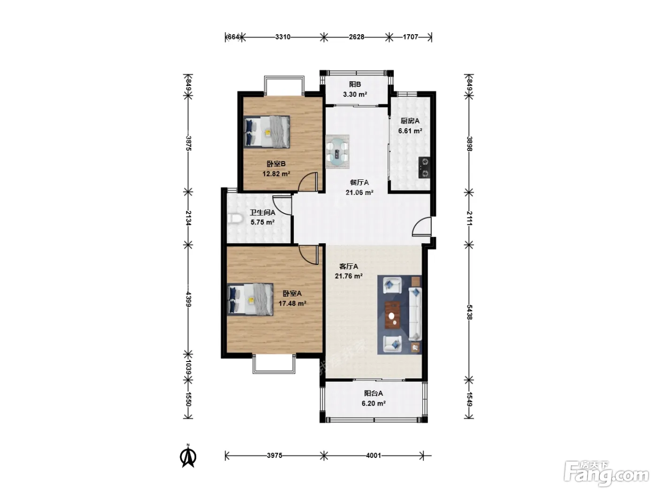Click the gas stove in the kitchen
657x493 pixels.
pyautogui.click(x=424, y=168)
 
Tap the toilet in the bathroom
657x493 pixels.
pyautogui.click(x=235, y=218)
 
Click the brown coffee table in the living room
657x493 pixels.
pyautogui.click(x=393, y=315)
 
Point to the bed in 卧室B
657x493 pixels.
pyautogui.click(x=267, y=132)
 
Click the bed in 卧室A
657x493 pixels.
pyautogui.click(x=250, y=300)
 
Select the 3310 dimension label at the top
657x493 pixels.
pyautogui.click(x=283, y=37)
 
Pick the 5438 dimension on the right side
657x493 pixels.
pyautogui.click(x=469, y=312)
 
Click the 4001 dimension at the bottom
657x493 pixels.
pyautogui.click(x=373, y=455)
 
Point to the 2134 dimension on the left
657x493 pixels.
pyautogui.click(x=188, y=218)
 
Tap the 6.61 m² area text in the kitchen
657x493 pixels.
pyautogui.click(x=410, y=131)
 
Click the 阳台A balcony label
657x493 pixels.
pyautogui.click(x=373, y=393)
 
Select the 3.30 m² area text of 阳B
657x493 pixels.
pyautogui.click(x=355, y=94)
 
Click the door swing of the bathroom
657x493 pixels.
pyautogui.click(x=282, y=205)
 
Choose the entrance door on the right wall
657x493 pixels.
pyautogui.click(x=422, y=227)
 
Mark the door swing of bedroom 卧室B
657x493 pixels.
pyautogui.click(x=308, y=182)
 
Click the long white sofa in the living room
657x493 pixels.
pyautogui.click(x=415, y=314)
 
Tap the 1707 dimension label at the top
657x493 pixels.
pyautogui.click(x=410, y=37)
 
